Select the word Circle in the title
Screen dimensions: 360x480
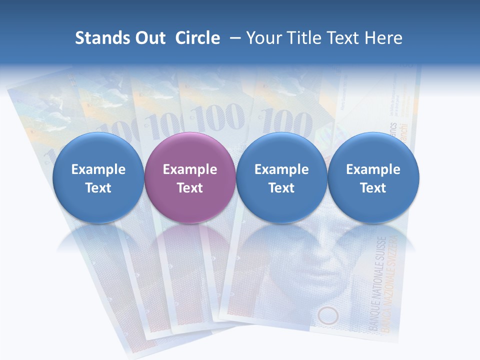197,38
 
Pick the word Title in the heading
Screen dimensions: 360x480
301,38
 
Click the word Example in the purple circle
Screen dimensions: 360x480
190,169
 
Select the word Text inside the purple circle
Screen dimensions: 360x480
190,188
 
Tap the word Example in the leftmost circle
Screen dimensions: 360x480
98,169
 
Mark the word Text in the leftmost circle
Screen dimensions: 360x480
98,188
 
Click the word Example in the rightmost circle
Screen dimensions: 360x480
373,169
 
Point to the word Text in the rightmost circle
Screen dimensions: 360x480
373,188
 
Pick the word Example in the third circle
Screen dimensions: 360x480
281,169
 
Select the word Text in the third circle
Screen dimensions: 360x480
281,188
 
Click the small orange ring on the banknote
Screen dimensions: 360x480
328,315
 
